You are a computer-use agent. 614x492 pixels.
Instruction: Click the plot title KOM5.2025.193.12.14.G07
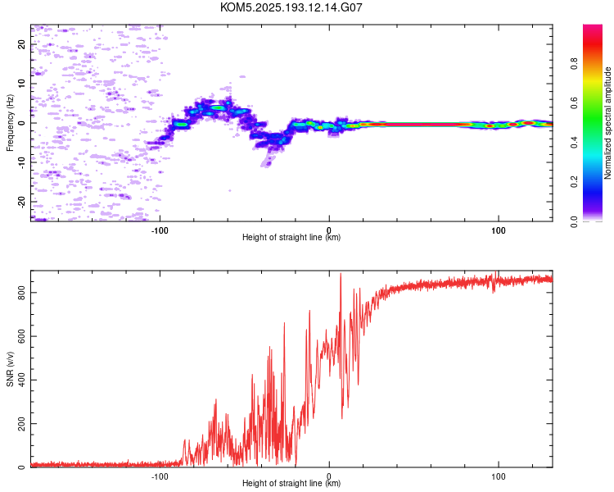click(291, 7)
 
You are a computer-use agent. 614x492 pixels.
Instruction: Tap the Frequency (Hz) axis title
click(10, 123)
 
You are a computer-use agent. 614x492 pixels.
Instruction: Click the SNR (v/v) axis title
click(10, 369)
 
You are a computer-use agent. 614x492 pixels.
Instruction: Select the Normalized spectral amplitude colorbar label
click(607, 123)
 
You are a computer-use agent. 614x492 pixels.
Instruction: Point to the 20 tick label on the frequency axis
click(21, 44)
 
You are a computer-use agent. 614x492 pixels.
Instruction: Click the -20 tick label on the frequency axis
click(21, 202)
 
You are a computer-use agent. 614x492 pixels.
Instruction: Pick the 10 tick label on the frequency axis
click(21, 84)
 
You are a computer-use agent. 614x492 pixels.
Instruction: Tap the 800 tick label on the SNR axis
click(21, 293)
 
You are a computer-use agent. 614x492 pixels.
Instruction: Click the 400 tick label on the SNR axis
click(21, 380)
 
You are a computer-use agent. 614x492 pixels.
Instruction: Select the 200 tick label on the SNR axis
click(21, 424)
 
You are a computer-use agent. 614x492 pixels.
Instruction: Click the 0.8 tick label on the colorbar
click(574, 64)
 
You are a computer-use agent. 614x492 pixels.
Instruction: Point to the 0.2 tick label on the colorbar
click(574, 182)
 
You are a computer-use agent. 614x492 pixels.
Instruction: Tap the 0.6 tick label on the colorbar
click(574, 102)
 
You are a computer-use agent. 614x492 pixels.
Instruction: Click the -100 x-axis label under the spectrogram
click(160, 230)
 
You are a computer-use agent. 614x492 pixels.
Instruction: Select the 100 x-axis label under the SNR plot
click(498, 476)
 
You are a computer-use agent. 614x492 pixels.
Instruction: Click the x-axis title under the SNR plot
click(291, 483)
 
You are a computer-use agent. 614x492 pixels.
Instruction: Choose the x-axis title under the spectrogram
click(291, 237)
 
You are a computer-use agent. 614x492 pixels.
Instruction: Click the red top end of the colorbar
click(593, 27)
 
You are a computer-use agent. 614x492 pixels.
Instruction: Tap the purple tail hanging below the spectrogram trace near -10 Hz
click(269, 160)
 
